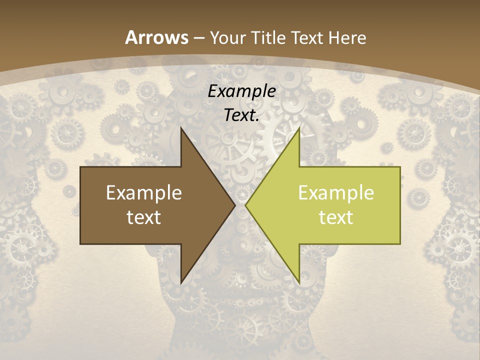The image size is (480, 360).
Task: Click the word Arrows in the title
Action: coord(156,37)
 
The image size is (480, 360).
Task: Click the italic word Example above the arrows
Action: coord(242,91)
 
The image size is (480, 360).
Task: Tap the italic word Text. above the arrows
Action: coord(242,115)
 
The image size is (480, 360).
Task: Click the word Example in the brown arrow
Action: coord(144,192)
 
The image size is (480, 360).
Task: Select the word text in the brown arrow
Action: coord(144,217)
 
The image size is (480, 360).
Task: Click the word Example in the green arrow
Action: coord(336,192)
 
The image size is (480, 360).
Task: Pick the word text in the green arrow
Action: coord(336,217)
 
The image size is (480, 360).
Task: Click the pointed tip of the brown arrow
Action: coord(235,205)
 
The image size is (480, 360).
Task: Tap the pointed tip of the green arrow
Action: coord(245,205)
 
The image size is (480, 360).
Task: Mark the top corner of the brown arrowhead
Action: coord(181,128)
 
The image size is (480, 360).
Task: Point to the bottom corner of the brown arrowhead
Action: coord(181,283)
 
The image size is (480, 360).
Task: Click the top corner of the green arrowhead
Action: coord(299,128)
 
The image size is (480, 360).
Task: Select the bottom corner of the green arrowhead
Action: coord(299,283)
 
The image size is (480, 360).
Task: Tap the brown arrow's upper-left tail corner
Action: coord(80,167)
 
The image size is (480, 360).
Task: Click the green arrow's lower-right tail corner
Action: coord(400,244)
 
